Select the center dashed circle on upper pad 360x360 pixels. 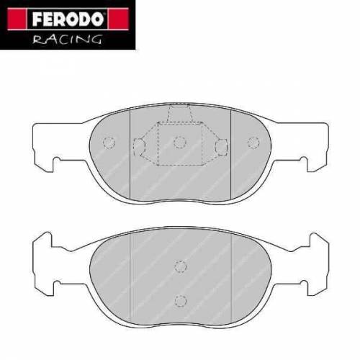click(180, 142)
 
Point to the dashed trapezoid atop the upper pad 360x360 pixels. click(180, 113)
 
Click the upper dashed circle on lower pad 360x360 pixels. click(180, 267)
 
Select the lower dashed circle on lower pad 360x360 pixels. click(180, 299)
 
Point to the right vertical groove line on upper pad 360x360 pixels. click(229, 151)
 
